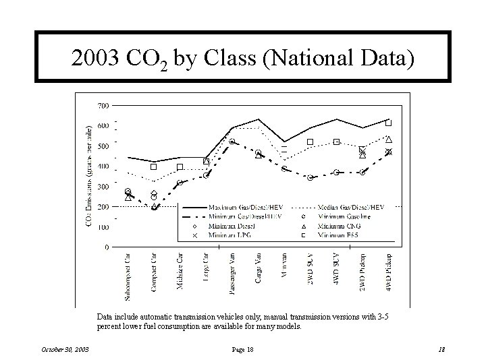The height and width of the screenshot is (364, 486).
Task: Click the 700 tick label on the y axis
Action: click(104, 106)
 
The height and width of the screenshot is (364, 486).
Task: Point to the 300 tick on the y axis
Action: click(104, 187)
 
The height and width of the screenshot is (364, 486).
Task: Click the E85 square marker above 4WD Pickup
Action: click(389, 123)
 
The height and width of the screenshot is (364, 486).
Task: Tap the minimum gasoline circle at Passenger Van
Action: click(232, 142)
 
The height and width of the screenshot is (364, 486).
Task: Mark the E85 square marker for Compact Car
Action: click(154, 166)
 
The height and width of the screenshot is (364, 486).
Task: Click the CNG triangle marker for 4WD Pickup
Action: click(389, 140)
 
